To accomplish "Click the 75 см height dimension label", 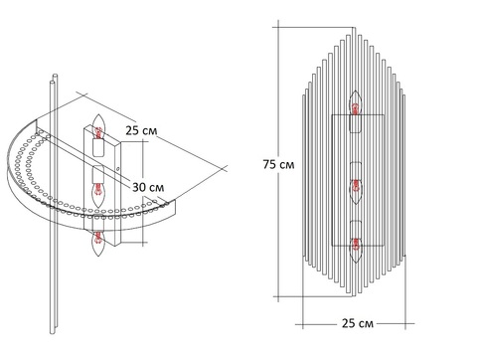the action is click(278, 164).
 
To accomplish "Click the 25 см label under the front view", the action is click(358, 323).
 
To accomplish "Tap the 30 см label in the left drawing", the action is click(148, 187).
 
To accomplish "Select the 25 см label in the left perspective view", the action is click(141, 130).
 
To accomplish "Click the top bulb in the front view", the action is click(356, 102).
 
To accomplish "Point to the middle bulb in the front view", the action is click(356, 192).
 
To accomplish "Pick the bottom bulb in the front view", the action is click(356, 250).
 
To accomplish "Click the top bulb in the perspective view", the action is click(98, 126).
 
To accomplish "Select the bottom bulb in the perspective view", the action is click(98, 243).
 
